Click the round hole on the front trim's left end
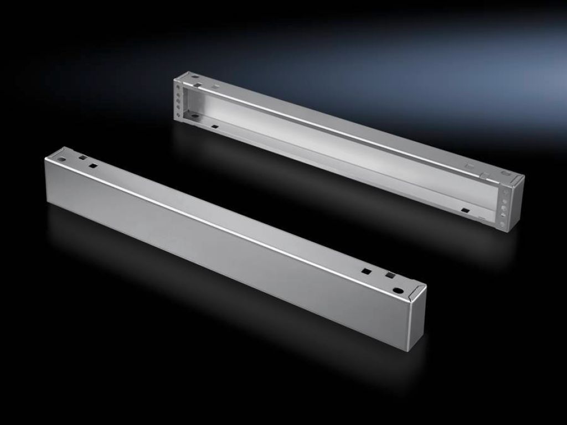[x=61, y=158]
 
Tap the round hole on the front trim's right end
[x=398, y=290]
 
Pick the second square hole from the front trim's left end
[x=92, y=164]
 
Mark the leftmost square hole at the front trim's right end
[x=365, y=271]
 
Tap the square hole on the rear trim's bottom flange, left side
[x=214, y=127]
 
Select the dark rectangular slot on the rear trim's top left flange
[x=196, y=85]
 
